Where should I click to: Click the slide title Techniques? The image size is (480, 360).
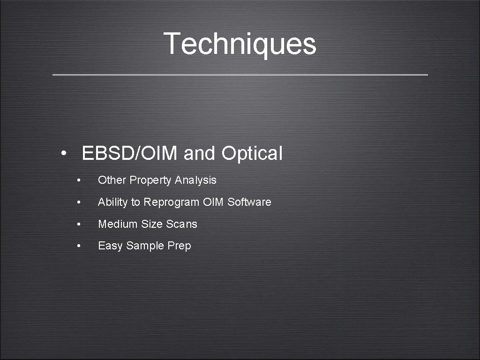pos(240,43)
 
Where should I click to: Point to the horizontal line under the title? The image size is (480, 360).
pos(240,75)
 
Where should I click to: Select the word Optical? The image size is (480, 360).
pos(252,153)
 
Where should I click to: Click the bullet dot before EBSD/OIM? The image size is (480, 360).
pos(63,154)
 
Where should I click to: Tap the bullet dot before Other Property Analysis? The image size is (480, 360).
pos(81,180)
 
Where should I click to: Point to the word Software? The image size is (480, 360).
pos(249,202)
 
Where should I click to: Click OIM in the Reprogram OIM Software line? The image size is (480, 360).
pos(214,202)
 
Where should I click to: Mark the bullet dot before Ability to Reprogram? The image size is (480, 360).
pos(81,202)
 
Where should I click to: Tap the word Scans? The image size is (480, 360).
pos(181,224)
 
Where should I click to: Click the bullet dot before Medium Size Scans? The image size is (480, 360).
pos(81,225)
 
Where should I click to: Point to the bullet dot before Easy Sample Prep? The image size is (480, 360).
pos(81,246)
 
